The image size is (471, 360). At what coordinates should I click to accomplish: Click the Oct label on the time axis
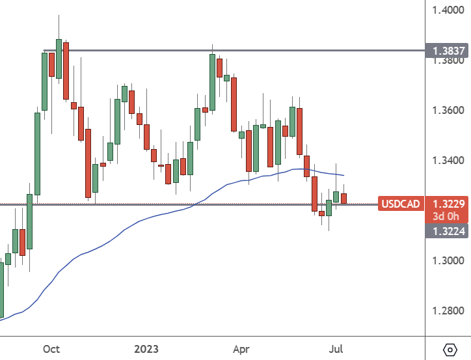tap(51, 348)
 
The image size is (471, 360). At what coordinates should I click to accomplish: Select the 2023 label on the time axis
tap(146, 348)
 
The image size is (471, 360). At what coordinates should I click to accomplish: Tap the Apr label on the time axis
tap(241, 348)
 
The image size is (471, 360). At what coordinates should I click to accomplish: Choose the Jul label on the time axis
tap(336, 348)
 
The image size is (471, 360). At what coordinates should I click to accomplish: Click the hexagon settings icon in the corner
tap(450, 349)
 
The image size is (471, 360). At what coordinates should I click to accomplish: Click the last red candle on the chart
tap(344, 198)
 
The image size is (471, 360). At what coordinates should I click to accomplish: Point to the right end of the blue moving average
tap(343, 175)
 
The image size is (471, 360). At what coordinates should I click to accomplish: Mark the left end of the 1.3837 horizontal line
tap(44, 50)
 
